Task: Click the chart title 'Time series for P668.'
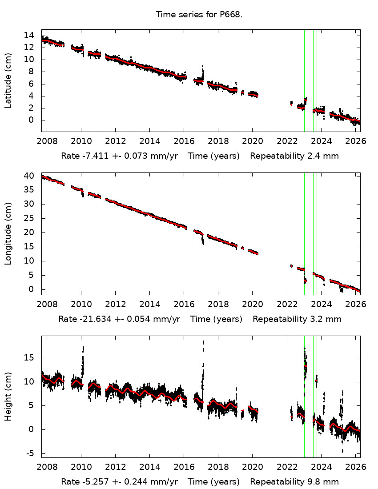coord(199,15)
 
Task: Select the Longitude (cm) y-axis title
coord(8,233)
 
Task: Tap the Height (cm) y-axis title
coord(8,397)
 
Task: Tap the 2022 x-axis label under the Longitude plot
coord(286,305)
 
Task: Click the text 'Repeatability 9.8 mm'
coord(294,482)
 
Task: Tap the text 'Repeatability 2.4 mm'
coord(294,156)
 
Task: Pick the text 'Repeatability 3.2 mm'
coord(297,319)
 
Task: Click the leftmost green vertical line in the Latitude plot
coord(304,80)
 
